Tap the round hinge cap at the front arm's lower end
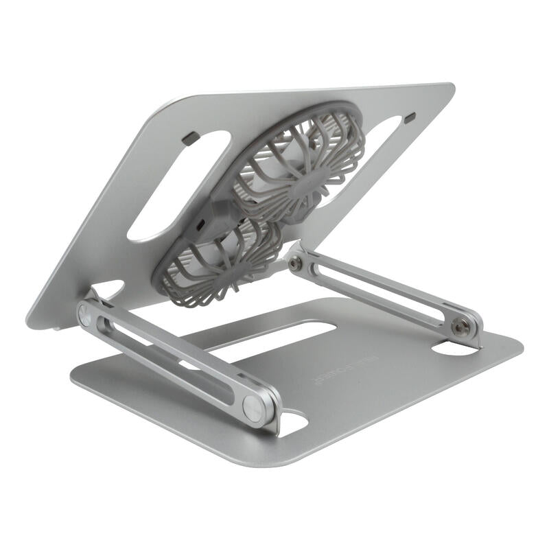point(255,408)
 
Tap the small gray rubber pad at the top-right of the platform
point(410,119)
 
